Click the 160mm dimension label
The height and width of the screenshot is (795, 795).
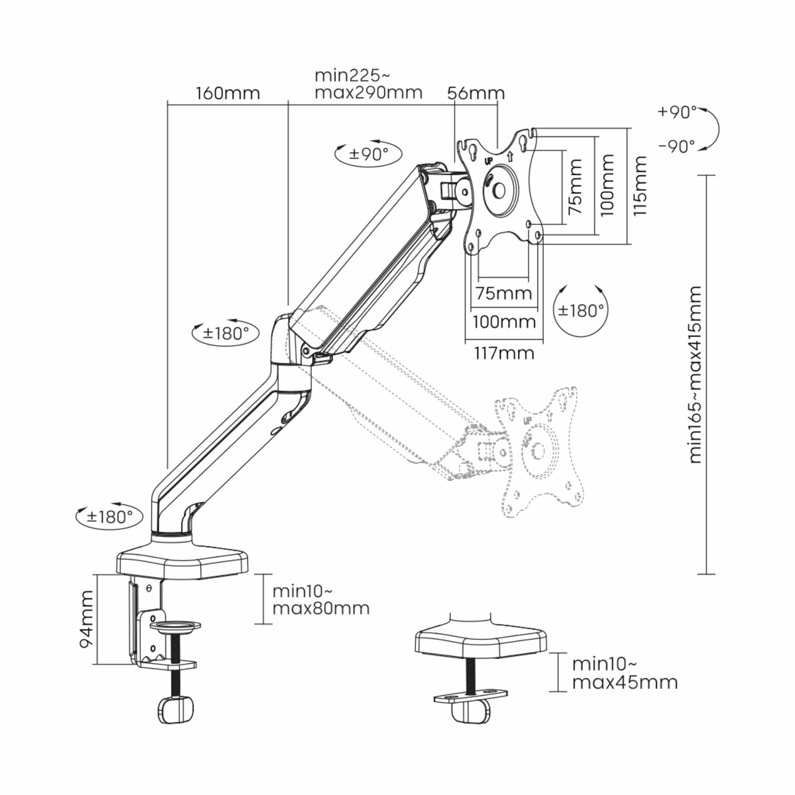coord(228,93)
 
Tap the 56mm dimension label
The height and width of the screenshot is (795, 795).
coord(476,93)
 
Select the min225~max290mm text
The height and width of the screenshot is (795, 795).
coord(369,84)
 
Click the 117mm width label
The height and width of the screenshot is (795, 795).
coord(503,353)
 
